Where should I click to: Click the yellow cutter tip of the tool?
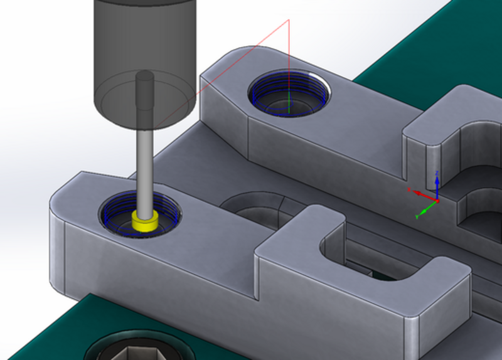(x=145, y=222)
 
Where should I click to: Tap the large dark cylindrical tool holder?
(x=144, y=50)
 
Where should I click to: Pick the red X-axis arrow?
(x=420, y=193)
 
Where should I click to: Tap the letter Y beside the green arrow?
(x=417, y=216)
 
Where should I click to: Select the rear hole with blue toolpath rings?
(x=288, y=94)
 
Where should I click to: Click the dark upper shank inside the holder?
(x=145, y=94)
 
